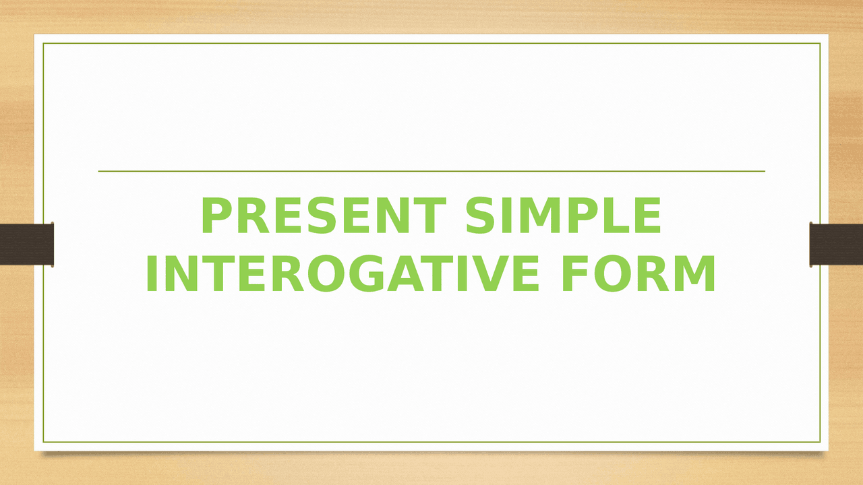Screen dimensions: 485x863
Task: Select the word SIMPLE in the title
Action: click(x=564, y=217)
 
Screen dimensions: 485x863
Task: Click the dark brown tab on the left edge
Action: click(x=26, y=244)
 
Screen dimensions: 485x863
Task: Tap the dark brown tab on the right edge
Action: click(x=836, y=244)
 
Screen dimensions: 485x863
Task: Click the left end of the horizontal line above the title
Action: click(x=100, y=171)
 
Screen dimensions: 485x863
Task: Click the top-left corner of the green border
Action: click(x=44, y=44)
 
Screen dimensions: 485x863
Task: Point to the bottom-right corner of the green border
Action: click(x=820, y=442)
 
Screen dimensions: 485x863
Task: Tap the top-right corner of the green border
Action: click(x=820, y=44)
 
